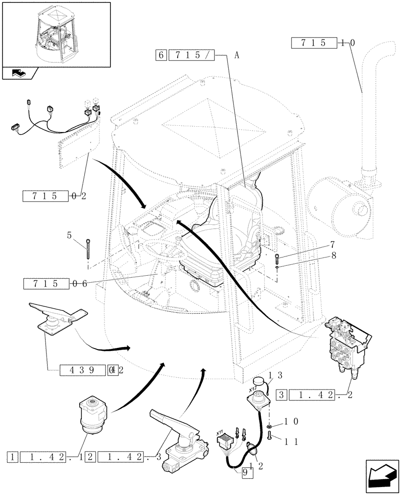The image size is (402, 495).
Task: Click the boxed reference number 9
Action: pos(247,472)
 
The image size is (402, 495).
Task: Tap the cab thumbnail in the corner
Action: pos(55,34)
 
